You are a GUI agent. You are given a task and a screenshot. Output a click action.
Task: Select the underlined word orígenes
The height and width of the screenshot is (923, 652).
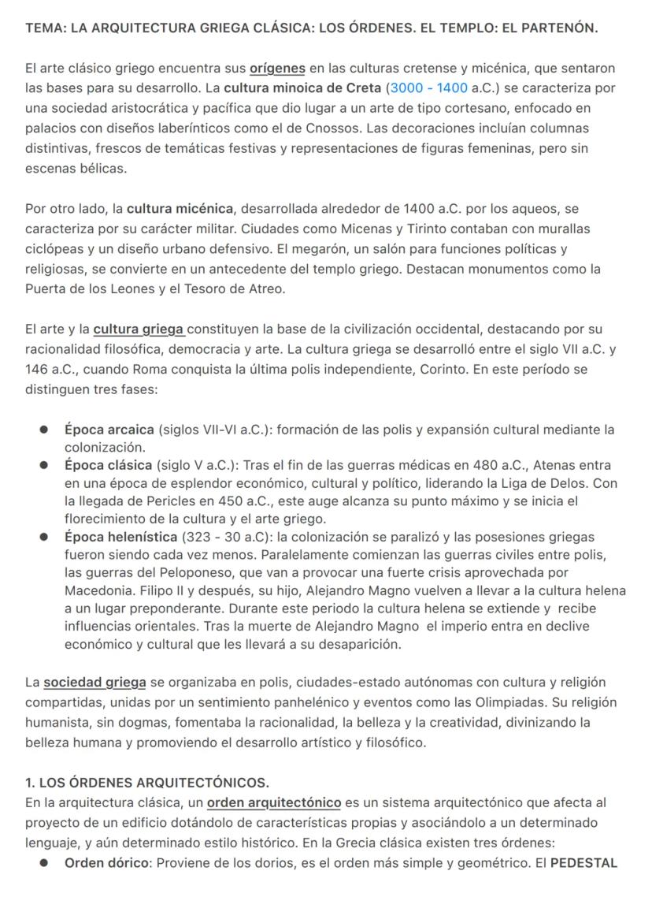[277, 69]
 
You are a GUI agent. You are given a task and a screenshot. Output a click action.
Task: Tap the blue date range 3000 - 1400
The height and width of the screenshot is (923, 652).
[428, 88]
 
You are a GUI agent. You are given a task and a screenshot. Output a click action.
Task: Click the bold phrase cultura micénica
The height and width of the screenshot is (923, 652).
[180, 209]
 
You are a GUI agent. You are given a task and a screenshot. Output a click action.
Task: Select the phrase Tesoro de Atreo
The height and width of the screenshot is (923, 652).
[237, 288]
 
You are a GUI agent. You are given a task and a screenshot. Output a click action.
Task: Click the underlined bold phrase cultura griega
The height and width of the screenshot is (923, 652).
[139, 329]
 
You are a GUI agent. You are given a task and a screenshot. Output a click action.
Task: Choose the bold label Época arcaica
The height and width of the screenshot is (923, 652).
[109, 430]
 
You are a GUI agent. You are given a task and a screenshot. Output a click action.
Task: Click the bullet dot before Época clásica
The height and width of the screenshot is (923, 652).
[45, 465]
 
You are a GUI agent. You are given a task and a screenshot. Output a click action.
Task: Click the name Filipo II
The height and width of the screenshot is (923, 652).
[158, 590]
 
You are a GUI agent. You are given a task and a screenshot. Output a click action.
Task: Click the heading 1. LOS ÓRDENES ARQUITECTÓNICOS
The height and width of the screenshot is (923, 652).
[147, 783]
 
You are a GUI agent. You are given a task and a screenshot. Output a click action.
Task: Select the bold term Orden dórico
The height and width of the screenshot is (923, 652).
[107, 862]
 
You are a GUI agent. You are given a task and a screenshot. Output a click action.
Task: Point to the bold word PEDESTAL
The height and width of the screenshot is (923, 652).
[583, 862]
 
